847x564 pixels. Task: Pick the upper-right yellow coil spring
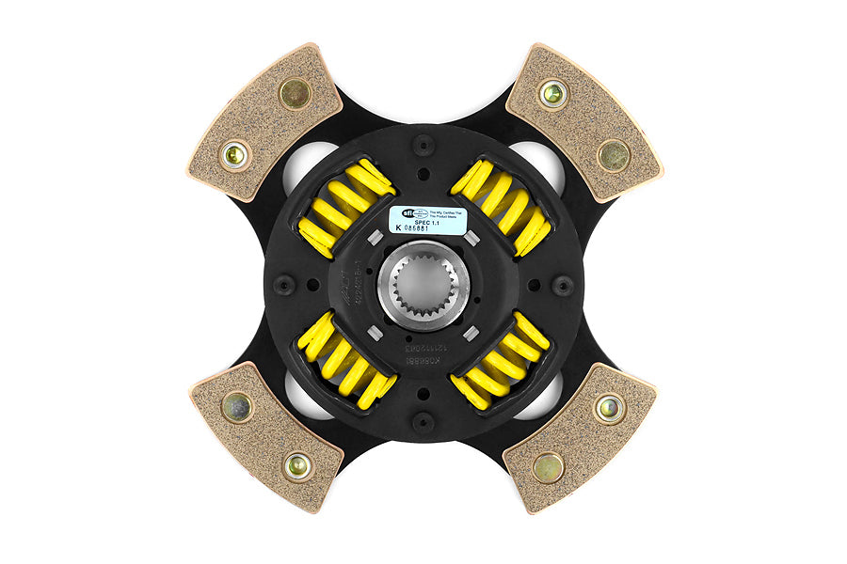[x=501, y=207]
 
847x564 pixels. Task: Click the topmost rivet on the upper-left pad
[x=295, y=92]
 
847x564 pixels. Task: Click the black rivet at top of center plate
[x=423, y=145]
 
